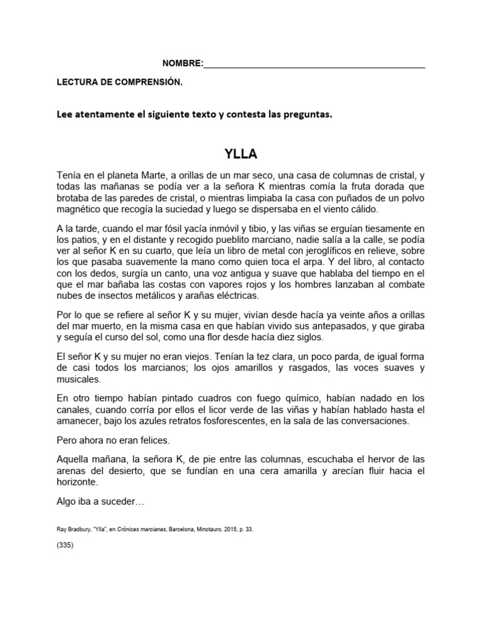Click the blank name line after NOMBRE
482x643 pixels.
[x=314, y=64]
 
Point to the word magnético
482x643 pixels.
[x=83, y=210]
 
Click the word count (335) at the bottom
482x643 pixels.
[x=65, y=545]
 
